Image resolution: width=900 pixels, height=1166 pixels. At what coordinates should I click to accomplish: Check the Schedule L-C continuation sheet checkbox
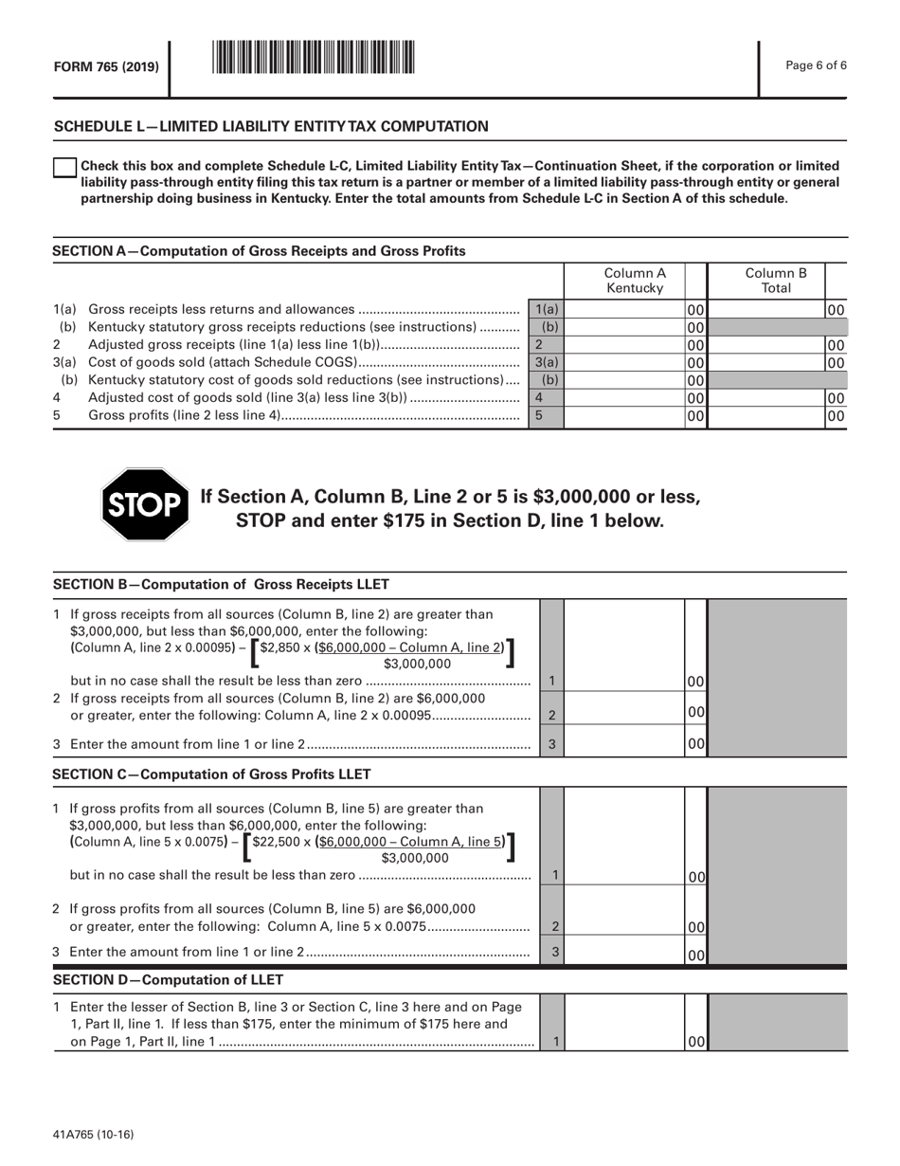pos(63,168)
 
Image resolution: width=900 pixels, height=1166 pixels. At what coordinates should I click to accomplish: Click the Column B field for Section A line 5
pos(765,414)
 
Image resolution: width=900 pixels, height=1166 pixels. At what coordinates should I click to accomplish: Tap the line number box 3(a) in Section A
pos(546,361)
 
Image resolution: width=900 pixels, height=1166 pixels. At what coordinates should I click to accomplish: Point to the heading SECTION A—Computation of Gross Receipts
pos(259,251)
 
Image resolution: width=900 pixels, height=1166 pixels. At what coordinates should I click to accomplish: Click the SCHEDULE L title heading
pos(271,126)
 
